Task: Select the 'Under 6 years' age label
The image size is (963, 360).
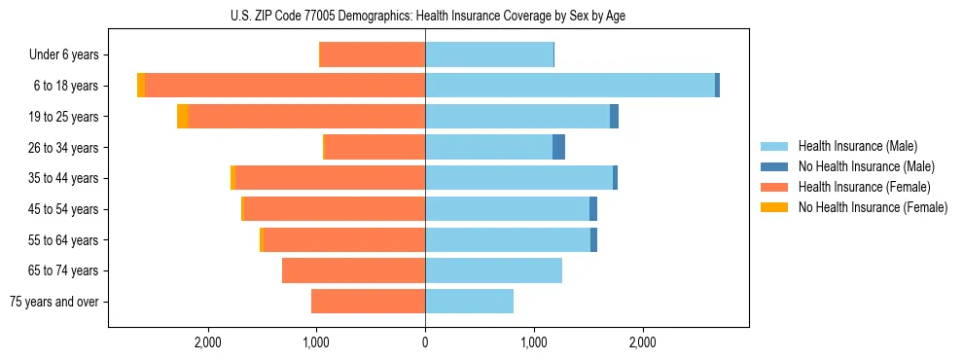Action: click(x=63, y=55)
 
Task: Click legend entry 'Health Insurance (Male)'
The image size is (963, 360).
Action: click(x=857, y=146)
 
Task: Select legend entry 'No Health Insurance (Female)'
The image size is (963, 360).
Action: click(x=873, y=207)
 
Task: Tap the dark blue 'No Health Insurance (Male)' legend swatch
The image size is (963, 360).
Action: click(x=775, y=166)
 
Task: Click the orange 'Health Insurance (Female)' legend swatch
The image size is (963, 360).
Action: click(x=775, y=187)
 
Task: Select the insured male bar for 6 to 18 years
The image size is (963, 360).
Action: click(x=569, y=86)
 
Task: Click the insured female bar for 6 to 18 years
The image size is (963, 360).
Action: click(x=285, y=86)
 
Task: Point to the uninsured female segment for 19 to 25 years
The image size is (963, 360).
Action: click(x=183, y=117)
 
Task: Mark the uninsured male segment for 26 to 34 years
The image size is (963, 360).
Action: click(x=558, y=148)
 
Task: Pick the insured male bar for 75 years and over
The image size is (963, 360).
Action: click(x=469, y=302)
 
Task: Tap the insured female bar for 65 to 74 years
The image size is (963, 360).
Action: click(x=353, y=270)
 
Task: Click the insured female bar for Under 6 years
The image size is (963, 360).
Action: click(x=372, y=55)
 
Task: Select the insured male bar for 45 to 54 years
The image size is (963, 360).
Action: click(x=507, y=209)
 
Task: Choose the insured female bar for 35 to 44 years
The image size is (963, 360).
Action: click(x=330, y=178)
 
